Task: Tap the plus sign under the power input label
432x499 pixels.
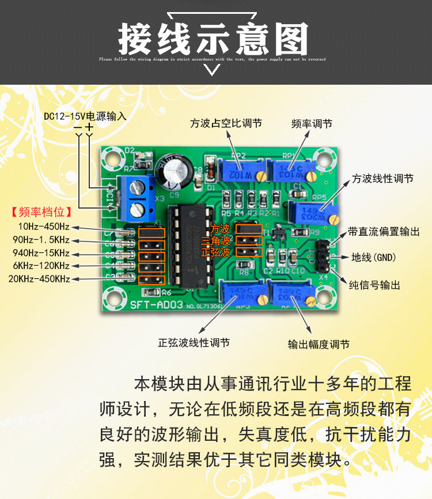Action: point(89,126)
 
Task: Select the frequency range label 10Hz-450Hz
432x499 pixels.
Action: point(44,226)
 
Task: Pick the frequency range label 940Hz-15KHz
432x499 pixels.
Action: point(44,253)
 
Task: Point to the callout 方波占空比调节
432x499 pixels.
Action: point(226,123)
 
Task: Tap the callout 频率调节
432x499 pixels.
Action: point(312,123)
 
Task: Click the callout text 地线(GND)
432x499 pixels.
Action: point(374,258)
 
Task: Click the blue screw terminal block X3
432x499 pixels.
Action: point(136,196)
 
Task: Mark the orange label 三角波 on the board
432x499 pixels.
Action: point(216,240)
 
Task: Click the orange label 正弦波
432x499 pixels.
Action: point(216,252)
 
